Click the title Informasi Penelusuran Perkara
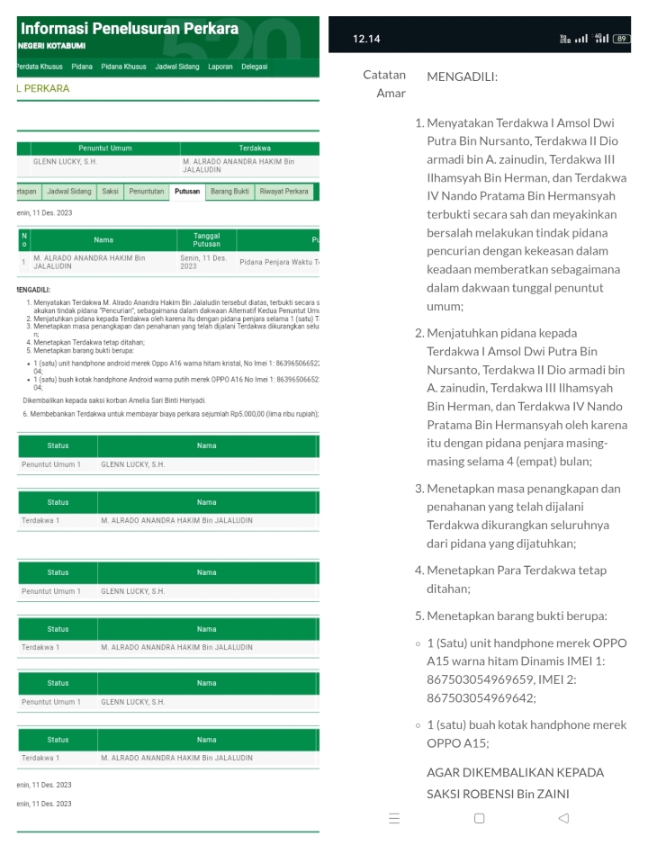click(x=129, y=28)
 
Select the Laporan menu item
click(x=220, y=67)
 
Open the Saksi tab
click(x=110, y=192)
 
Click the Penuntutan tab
click(x=146, y=192)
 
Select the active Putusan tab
click(x=187, y=192)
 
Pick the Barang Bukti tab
click(x=229, y=192)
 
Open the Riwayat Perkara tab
click(x=283, y=192)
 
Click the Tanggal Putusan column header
click(x=206, y=240)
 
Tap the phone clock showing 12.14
click(x=367, y=40)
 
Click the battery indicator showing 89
click(x=621, y=40)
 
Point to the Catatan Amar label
click(x=384, y=84)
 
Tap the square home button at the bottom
click(x=479, y=818)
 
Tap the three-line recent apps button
click(x=394, y=818)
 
